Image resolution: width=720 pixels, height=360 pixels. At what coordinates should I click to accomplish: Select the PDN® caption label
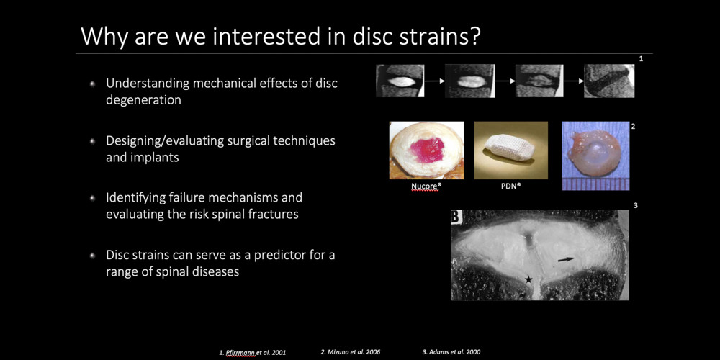pyautogui.click(x=510, y=187)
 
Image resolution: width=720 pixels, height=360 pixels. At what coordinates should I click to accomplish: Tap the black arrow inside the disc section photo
pyautogui.click(x=566, y=259)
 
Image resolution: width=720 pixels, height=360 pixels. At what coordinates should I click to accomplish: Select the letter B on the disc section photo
pyautogui.click(x=456, y=217)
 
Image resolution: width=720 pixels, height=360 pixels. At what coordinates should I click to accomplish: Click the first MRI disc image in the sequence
pyautogui.click(x=400, y=81)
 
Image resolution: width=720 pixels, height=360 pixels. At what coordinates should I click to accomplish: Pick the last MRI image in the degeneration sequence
pyautogui.click(x=609, y=81)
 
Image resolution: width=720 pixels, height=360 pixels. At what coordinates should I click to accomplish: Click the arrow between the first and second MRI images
pyautogui.click(x=435, y=81)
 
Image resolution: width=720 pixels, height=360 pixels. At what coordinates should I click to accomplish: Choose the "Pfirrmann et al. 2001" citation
pyautogui.click(x=253, y=353)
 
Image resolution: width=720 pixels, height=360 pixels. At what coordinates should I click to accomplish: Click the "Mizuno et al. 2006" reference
pyautogui.click(x=351, y=352)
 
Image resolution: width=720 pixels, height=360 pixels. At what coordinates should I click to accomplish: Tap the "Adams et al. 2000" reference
pyautogui.click(x=451, y=352)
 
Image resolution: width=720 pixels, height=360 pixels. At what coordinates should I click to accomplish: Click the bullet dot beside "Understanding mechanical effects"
pyautogui.click(x=93, y=84)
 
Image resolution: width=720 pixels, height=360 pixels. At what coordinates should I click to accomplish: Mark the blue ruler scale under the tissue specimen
pyautogui.click(x=595, y=184)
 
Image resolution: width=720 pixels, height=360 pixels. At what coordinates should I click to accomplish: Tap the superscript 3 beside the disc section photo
pyautogui.click(x=636, y=206)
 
